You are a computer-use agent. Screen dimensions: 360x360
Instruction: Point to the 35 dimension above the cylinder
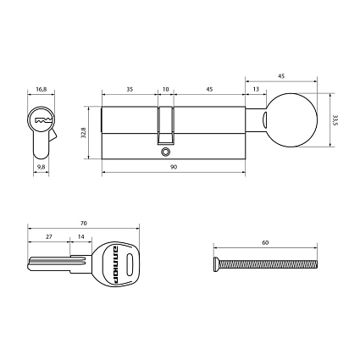(x=130, y=87)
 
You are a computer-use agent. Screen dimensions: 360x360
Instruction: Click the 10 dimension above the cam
(x=166, y=87)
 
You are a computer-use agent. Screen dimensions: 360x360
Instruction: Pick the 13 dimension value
(x=255, y=87)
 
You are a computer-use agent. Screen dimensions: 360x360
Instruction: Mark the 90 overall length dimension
(x=173, y=168)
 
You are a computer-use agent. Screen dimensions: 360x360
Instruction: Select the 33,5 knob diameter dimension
(x=335, y=121)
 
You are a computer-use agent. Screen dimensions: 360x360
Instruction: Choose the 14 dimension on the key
(x=80, y=238)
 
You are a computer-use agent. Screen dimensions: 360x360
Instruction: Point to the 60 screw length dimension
(x=265, y=242)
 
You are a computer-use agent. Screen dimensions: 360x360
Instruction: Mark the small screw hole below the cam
(x=166, y=152)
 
